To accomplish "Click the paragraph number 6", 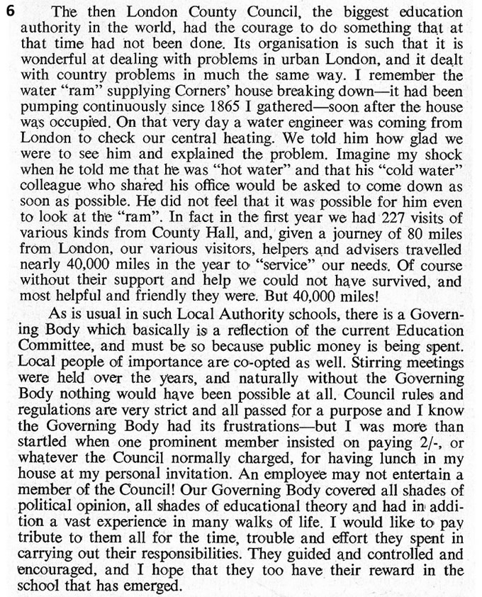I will click(x=9, y=11).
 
